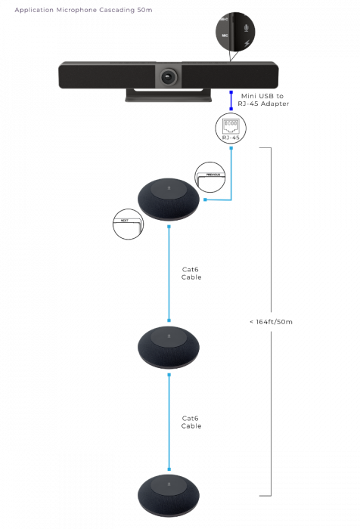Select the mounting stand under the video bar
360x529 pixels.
(167, 95)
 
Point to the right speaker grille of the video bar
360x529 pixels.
(227, 76)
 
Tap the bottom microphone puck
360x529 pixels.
(169, 494)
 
